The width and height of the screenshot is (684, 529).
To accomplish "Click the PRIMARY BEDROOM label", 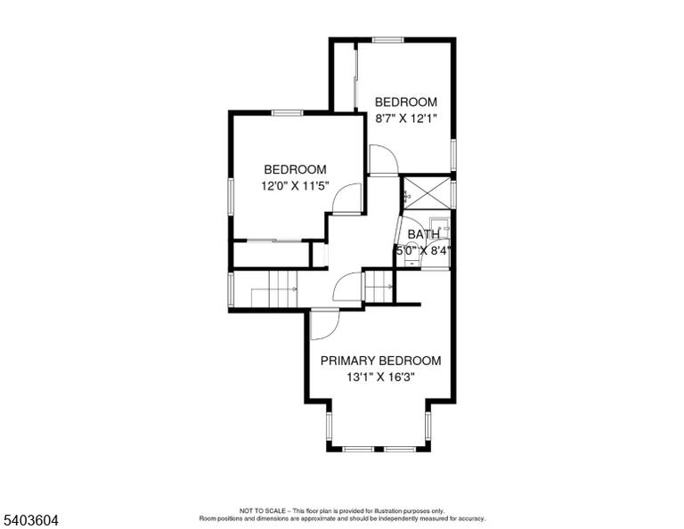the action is (x=380, y=361).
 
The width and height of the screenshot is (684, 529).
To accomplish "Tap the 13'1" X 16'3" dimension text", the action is (x=380, y=377).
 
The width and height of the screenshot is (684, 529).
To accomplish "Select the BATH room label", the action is (x=424, y=234).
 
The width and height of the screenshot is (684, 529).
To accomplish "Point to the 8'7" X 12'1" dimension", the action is (x=406, y=118).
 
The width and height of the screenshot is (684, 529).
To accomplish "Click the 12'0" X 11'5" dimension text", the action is (x=295, y=186).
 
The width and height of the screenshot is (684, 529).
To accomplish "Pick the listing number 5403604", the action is (x=30, y=520).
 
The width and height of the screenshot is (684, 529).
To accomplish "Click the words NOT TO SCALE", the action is (x=262, y=510).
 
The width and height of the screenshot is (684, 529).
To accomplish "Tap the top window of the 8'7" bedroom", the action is (x=387, y=40).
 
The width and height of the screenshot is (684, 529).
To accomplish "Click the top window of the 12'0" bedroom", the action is (x=287, y=113).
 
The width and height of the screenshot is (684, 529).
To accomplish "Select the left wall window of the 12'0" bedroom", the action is (x=231, y=196).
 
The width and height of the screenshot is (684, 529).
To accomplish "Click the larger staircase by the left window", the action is (x=274, y=288).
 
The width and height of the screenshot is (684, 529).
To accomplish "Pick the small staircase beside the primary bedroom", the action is (x=379, y=286).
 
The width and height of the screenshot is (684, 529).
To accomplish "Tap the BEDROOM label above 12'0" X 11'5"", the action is (x=295, y=169).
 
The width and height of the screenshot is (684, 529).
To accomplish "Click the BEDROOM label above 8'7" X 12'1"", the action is (x=406, y=102).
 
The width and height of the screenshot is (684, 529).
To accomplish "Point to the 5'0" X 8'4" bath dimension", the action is (x=423, y=251).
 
